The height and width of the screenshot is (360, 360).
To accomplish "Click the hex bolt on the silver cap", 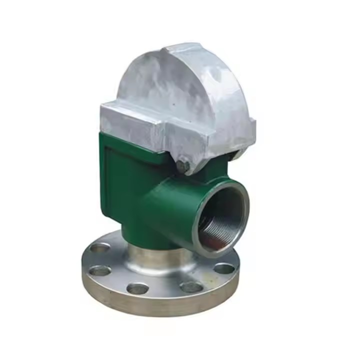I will (x=183, y=166).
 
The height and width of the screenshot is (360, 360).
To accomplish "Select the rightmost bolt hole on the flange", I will (x=224, y=268).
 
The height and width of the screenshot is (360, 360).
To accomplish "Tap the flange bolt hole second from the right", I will (x=191, y=286).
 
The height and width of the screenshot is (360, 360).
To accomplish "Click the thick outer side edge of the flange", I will (x=150, y=302).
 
